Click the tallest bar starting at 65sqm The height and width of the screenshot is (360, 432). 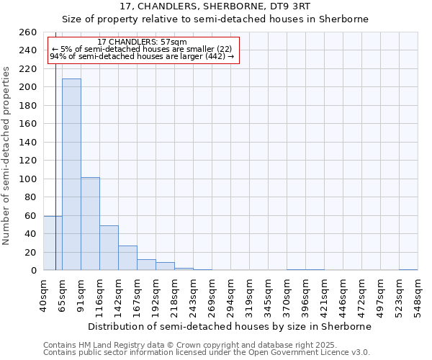coord(71,174)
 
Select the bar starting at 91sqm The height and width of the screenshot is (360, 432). coord(90,224)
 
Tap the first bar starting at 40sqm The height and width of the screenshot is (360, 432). coord(53,243)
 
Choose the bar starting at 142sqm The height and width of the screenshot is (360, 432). coord(127,258)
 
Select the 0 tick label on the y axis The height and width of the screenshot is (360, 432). coord(35,271)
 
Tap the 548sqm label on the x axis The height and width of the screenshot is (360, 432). coord(418,295)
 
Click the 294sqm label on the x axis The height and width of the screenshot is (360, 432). coord(231,295)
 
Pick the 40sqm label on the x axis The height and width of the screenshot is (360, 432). coord(44,295)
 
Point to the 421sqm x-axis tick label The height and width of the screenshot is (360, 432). coord(325,295)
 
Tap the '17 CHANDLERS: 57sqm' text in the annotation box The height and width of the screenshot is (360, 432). coord(142,42)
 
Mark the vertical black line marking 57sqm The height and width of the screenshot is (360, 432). coord(55,166)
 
